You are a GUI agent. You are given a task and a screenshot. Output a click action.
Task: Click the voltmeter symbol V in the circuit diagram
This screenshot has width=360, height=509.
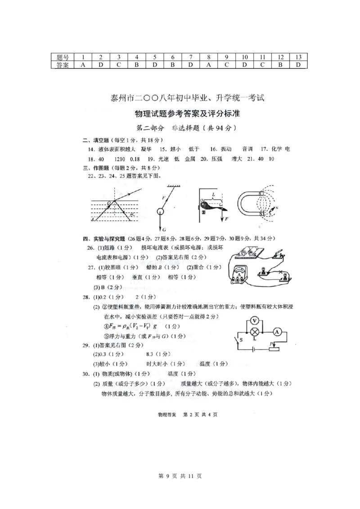pos(255,321)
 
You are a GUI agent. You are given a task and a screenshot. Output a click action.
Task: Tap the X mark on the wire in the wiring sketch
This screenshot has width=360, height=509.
pos(281,272)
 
